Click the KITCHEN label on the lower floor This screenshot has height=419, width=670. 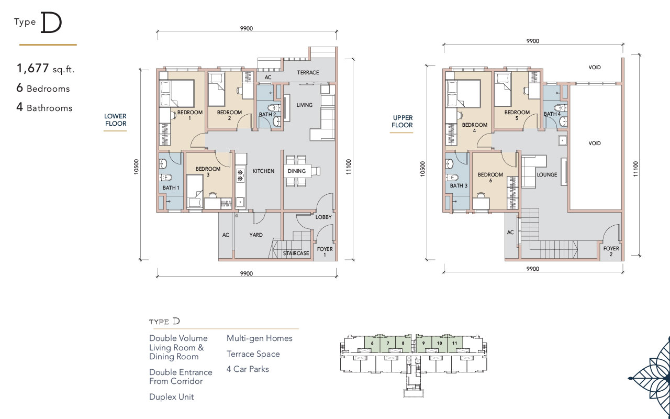click(263, 171)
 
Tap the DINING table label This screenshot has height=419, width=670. click(297, 171)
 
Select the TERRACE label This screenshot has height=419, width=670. click(308, 72)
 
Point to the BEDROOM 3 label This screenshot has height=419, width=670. click(208, 171)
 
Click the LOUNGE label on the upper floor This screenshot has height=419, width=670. click(547, 174)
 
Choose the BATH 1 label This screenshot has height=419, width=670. click(171, 188)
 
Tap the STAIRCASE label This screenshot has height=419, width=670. click(296, 253)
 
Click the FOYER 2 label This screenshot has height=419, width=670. click(611, 251)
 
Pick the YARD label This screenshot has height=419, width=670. click(256, 235)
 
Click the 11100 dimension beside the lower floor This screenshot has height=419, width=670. click(349, 167)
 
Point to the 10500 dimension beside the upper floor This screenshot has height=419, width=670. click(422, 169)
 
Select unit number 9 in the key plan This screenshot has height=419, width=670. click(423, 343)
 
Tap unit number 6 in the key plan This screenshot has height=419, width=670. click(372, 343)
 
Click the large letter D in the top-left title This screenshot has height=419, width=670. click(51, 23)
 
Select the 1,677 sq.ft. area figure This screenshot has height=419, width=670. click(46, 69)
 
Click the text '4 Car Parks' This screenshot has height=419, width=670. click(248, 369)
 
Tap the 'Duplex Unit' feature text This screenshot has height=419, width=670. click(171, 397)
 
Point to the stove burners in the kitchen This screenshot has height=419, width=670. click(240, 175)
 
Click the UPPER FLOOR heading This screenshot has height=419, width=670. click(403, 122)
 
